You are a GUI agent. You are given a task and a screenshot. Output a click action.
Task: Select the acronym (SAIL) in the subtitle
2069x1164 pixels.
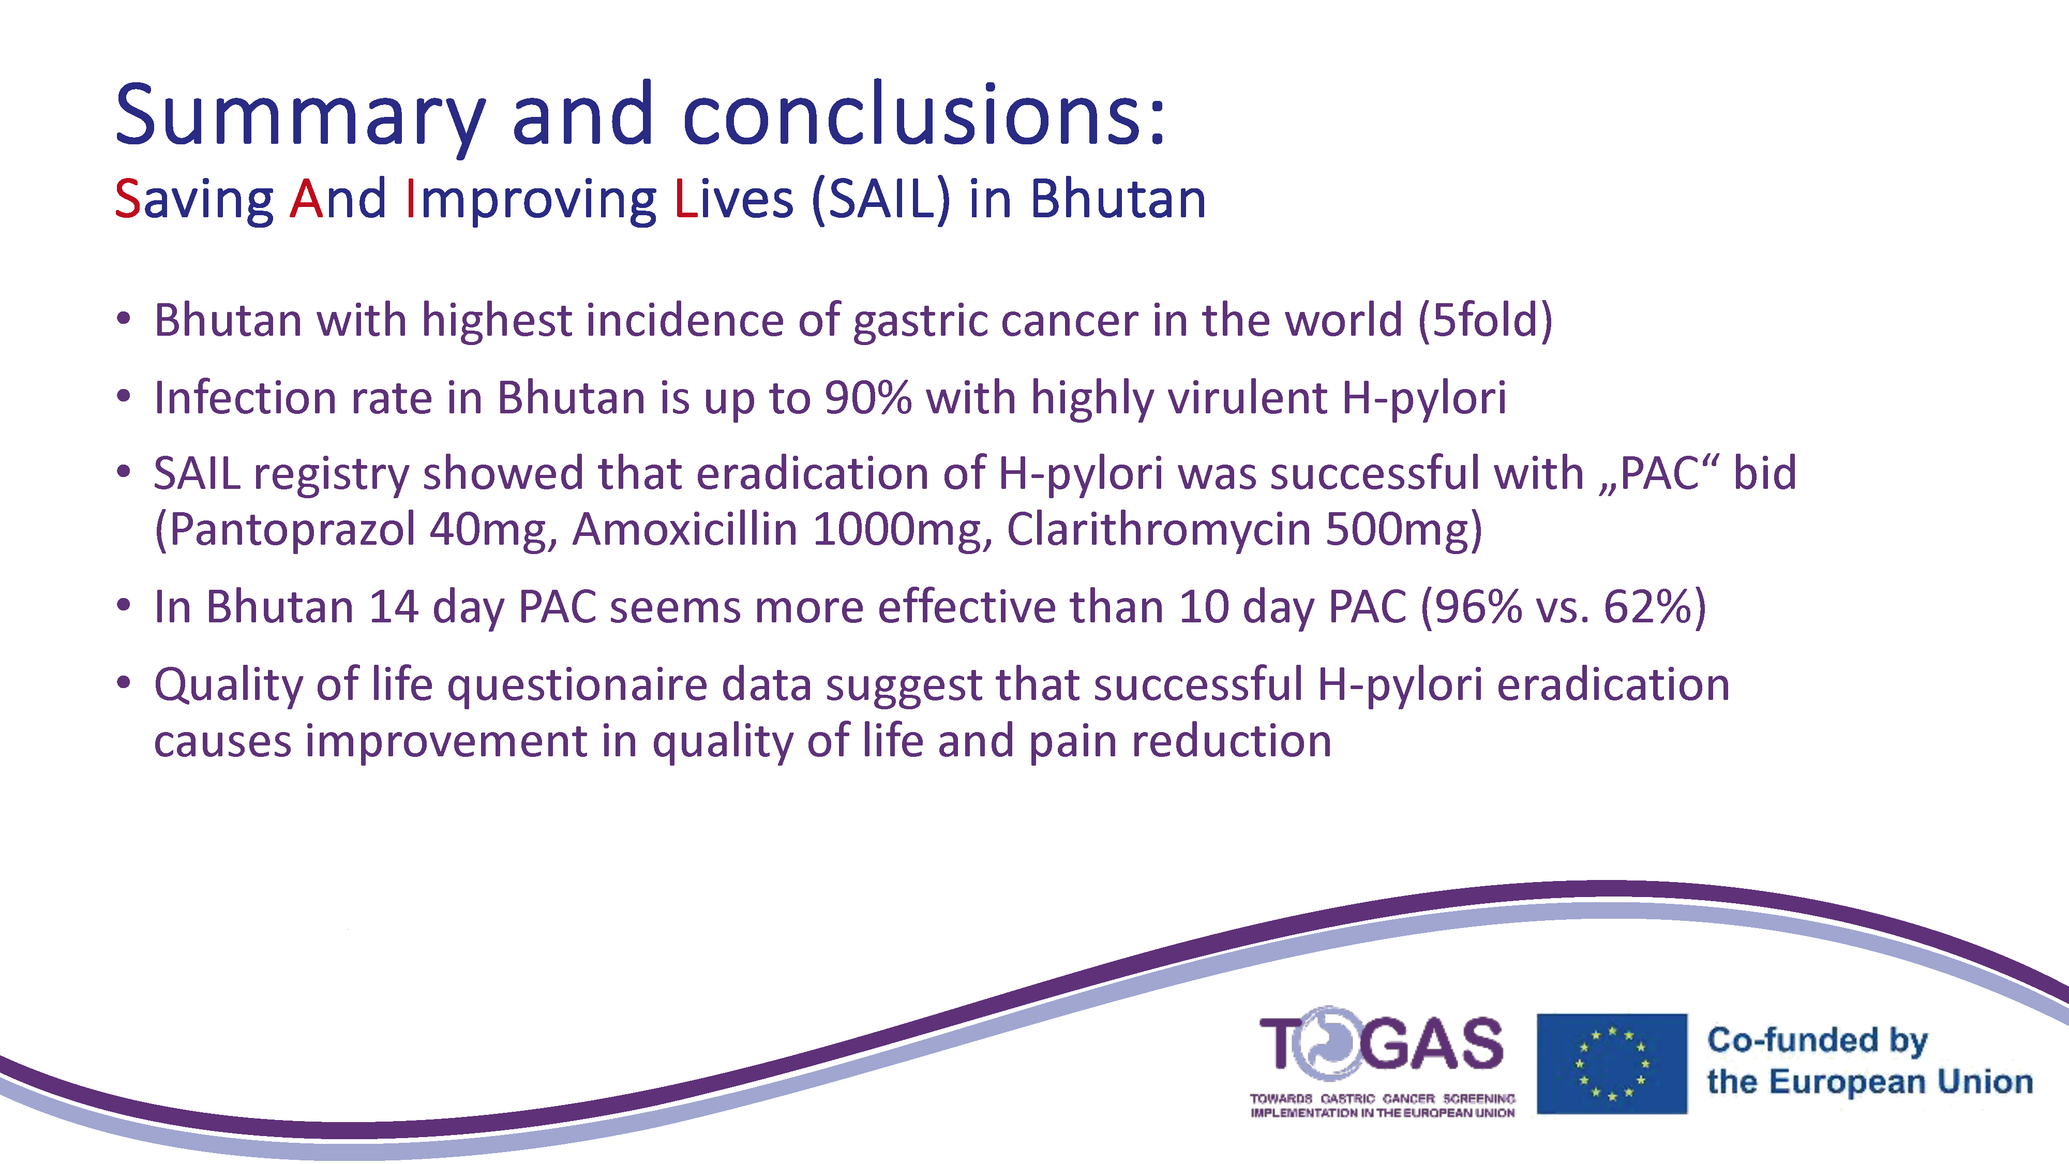881,200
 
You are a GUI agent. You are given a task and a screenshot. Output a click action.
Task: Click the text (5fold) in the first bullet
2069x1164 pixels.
1485,321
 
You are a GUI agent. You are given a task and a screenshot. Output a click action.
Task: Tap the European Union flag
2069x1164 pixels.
1612,1064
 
